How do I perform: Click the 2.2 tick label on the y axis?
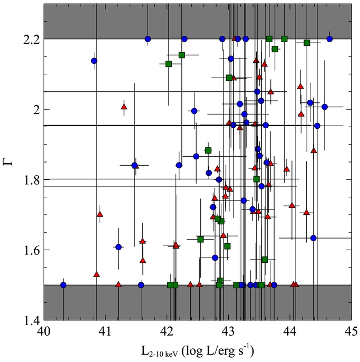pos(31,39)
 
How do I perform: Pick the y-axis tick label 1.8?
pos(31,179)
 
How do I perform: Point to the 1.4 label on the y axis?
pos(31,320)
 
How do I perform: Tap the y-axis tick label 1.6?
pos(31,250)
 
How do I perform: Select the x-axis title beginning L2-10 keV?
pos(198,350)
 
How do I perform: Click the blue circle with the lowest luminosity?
pos(63,285)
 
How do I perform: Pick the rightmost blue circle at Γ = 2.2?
pos(329,39)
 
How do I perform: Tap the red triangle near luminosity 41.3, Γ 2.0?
pos(124,107)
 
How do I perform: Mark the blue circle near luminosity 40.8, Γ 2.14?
pos(94,61)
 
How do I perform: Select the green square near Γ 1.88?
pos(208,150)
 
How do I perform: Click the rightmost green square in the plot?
pos(307,43)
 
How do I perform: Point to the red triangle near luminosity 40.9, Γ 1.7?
pos(100,214)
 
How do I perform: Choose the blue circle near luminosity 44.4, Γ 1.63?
pos(313,238)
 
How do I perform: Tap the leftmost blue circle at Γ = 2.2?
pos(148,39)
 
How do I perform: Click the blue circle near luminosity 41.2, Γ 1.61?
pos(119,247)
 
